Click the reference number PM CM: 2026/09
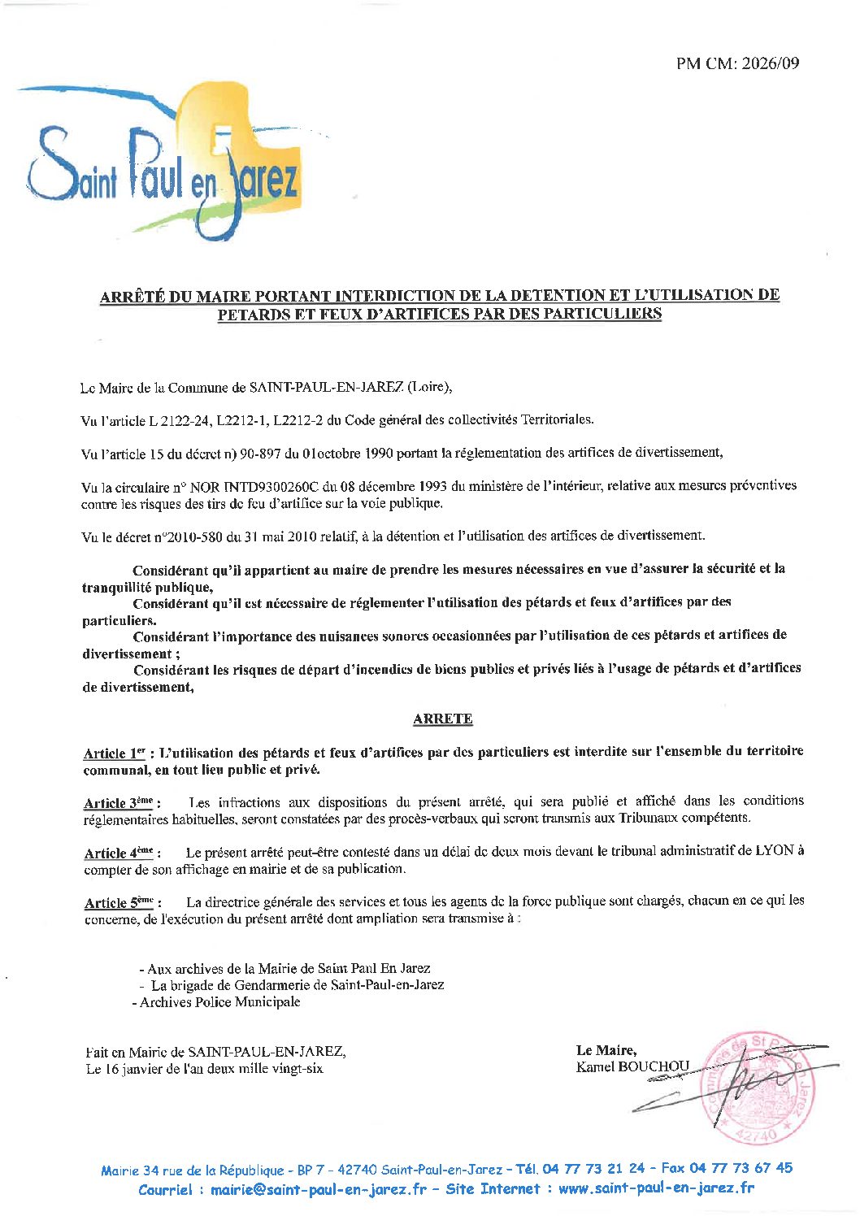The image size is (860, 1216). click(x=737, y=63)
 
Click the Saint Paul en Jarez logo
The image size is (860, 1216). click(x=163, y=167)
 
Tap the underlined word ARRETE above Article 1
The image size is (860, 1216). click(x=442, y=719)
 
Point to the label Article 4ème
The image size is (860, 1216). click(x=119, y=853)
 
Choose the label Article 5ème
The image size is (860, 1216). click(x=119, y=902)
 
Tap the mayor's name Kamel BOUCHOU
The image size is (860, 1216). click(x=632, y=1066)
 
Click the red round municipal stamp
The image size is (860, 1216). click(x=760, y=1088)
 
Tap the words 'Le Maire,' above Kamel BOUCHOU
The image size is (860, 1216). click(x=606, y=1050)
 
